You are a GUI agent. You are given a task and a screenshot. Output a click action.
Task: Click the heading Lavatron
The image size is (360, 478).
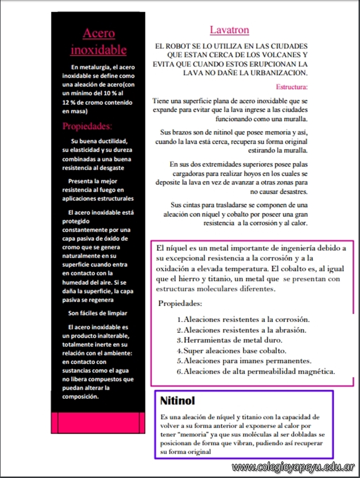click(229, 30)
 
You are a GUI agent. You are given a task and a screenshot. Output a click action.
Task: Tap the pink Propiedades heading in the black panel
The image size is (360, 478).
click(87, 126)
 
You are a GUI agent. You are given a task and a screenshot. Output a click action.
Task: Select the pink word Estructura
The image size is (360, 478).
click(291, 87)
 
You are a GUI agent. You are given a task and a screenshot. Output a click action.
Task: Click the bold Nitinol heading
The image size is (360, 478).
click(177, 401)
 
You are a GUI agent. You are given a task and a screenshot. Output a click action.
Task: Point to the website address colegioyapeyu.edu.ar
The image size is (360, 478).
click(293, 467)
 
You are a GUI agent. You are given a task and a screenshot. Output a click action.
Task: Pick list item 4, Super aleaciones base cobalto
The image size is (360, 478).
click(235, 351)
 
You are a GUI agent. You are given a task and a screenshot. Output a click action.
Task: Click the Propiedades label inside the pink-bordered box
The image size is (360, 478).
click(180, 303)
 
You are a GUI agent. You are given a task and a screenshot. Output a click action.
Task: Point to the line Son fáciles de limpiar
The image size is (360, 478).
click(98, 313)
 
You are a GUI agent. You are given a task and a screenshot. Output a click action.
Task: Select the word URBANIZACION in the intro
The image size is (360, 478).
click(279, 73)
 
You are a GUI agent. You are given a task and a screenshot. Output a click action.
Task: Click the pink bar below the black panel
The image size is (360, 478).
click(98, 422)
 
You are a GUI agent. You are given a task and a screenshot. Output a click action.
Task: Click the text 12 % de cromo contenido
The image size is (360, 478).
click(97, 102)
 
